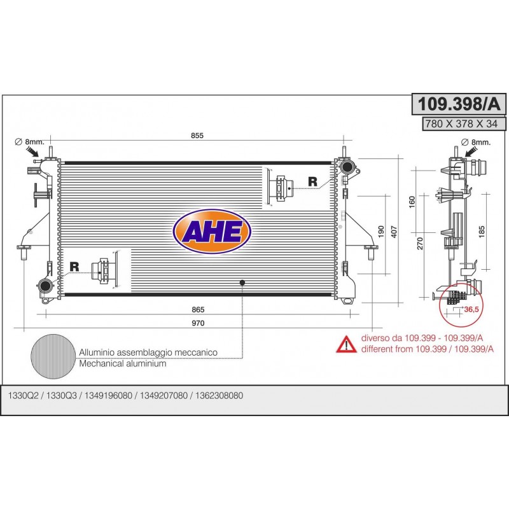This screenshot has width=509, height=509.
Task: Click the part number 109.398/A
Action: pyautogui.click(x=459, y=104)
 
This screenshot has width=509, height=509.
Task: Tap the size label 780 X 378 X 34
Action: pyautogui.click(x=461, y=123)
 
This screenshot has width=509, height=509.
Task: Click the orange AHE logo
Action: pyautogui.click(x=212, y=232)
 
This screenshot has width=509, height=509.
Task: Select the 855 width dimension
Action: pyautogui.click(x=197, y=136)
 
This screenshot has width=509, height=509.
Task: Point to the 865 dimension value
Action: pyautogui.click(x=198, y=310)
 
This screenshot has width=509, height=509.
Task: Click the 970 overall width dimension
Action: pyautogui.click(x=198, y=323)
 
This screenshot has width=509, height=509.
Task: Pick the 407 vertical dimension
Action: pyautogui.click(x=394, y=232)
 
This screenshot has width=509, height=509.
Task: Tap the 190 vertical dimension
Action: pyautogui.click(x=381, y=232)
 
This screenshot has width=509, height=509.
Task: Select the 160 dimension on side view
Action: pyautogui.click(x=412, y=202)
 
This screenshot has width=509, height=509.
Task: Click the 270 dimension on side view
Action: pyautogui.click(x=420, y=244)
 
